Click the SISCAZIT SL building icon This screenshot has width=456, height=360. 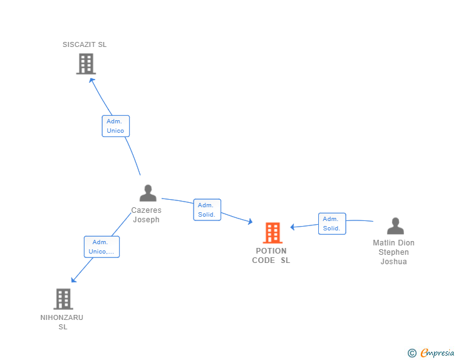(86, 63)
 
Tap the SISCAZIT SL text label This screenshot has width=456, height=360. (85, 44)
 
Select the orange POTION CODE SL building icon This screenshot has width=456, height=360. (272, 233)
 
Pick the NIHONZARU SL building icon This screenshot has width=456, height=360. (63, 299)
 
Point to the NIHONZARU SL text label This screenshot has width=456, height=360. (62, 322)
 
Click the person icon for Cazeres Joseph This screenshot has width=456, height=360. (148, 193)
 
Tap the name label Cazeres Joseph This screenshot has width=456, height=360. (146, 215)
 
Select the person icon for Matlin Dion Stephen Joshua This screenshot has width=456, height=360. (395, 226)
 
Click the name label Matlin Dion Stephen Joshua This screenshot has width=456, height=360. (393, 252)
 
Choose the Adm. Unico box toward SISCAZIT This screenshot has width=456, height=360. (115, 126)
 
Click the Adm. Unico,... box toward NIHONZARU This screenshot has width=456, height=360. (101, 247)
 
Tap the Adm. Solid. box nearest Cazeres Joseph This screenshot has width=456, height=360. (207, 210)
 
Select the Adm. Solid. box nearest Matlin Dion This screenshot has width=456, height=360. (331, 224)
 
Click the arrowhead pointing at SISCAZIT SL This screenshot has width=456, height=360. (92, 80)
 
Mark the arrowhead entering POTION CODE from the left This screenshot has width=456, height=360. (249, 222)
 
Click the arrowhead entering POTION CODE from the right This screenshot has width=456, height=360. (293, 227)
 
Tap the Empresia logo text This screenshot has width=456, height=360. (437, 353)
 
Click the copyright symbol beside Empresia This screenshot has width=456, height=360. (412, 353)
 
